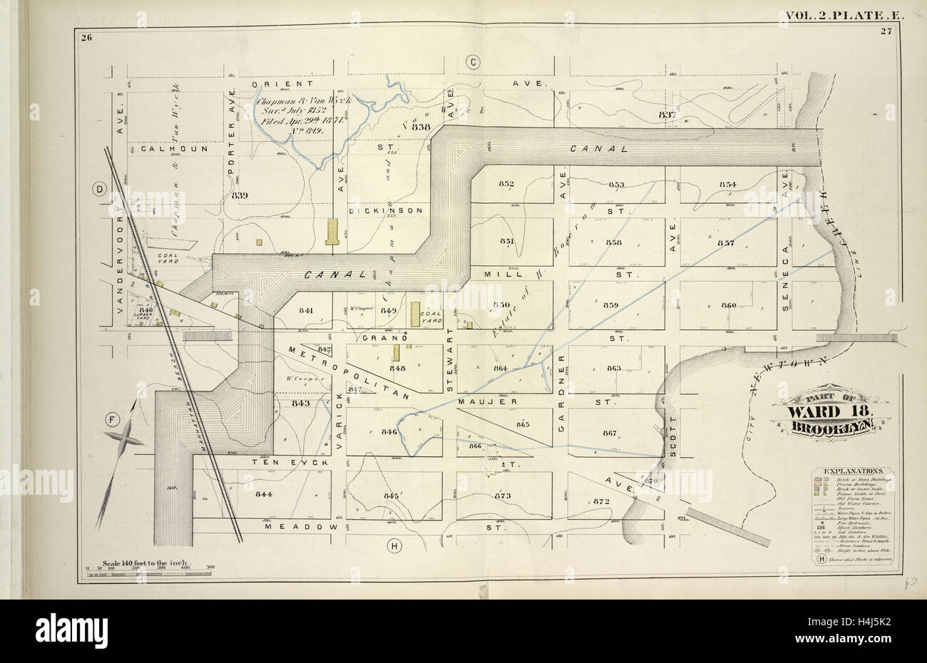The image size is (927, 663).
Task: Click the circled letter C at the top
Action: [472, 63]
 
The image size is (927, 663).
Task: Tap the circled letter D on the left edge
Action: [99, 188]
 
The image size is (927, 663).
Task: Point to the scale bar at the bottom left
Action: [150, 570]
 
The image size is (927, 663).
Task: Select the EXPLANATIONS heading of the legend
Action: [853, 471]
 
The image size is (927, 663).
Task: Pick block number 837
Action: [667, 115]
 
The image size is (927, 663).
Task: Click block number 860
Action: [728, 305]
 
